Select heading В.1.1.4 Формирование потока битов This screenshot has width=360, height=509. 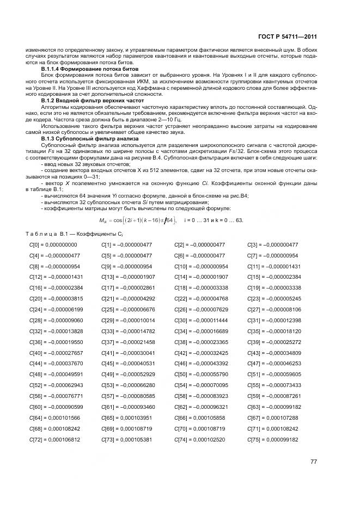[x=90, y=70]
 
